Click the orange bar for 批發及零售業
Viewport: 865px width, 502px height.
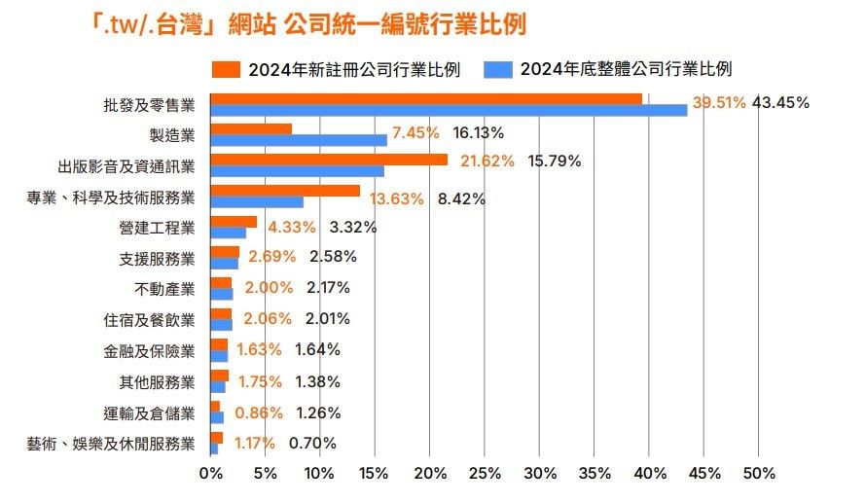(425, 98)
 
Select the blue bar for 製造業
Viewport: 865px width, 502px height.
(298, 140)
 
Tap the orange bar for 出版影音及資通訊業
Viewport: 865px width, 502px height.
(329, 160)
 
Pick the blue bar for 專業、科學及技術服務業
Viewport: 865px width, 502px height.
(256, 202)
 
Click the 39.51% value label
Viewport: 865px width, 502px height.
(718, 102)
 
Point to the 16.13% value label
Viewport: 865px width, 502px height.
(478, 132)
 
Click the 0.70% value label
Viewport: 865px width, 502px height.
(312, 444)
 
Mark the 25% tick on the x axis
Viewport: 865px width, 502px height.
(484, 474)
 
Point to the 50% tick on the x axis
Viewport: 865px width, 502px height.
(759, 474)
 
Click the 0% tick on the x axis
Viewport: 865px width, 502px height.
(210, 474)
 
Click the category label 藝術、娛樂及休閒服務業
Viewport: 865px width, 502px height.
(111, 444)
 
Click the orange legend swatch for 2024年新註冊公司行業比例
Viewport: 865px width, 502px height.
(227, 69)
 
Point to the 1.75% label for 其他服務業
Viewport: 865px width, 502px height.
(260, 381)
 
